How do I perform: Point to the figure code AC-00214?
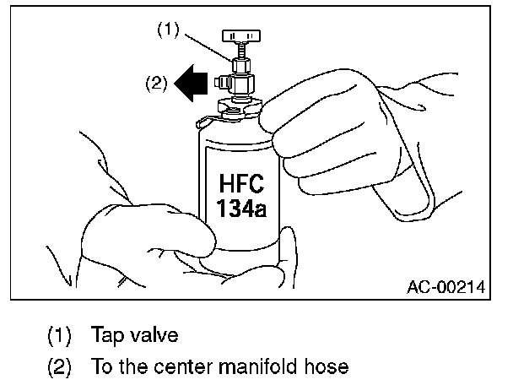445,287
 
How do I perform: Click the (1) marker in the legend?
59,335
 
